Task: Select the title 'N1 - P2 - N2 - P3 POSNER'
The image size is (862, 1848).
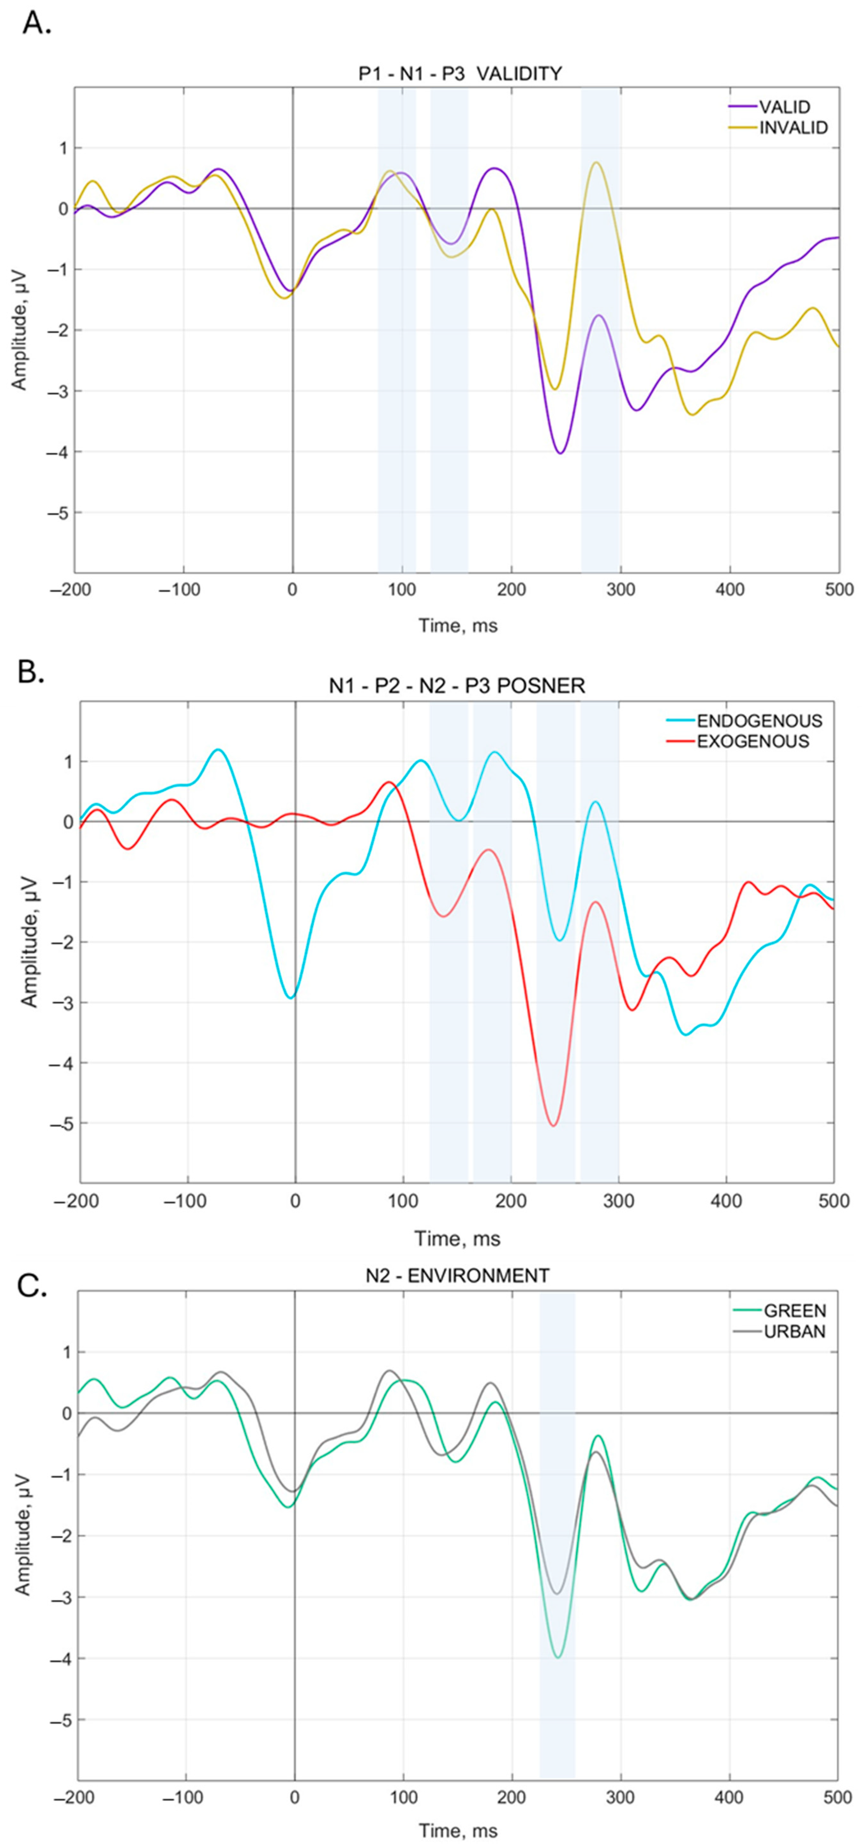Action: [457, 686]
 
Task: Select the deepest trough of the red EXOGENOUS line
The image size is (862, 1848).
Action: [553, 1125]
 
